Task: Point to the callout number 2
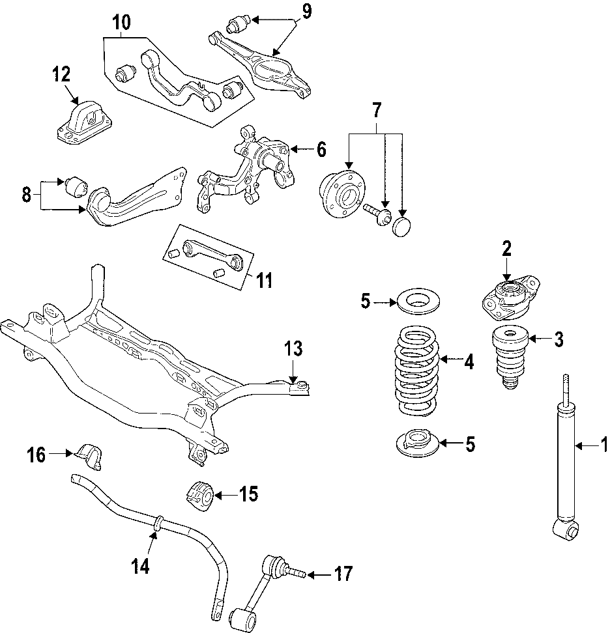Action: tap(506, 248)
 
